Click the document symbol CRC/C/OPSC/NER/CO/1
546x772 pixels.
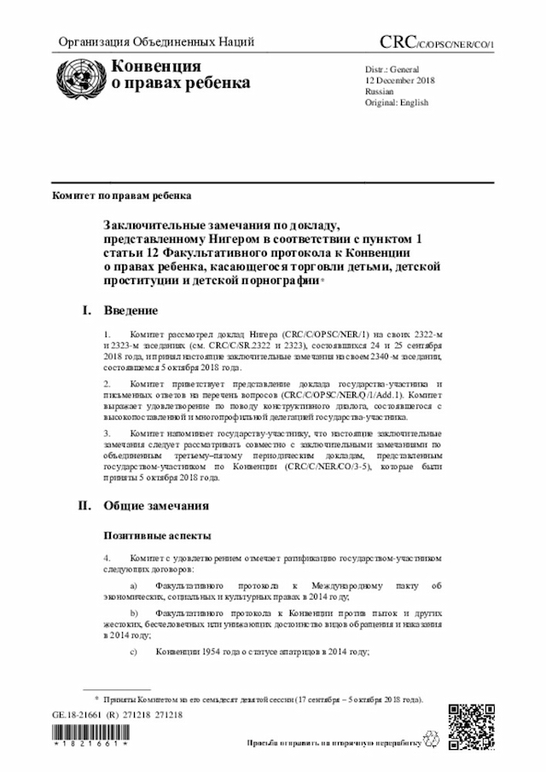coord(436,43)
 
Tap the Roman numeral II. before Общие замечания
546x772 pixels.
coord(85,505)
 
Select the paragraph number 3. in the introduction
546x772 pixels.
coord(107,433)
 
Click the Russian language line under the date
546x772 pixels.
coord(379,90)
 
